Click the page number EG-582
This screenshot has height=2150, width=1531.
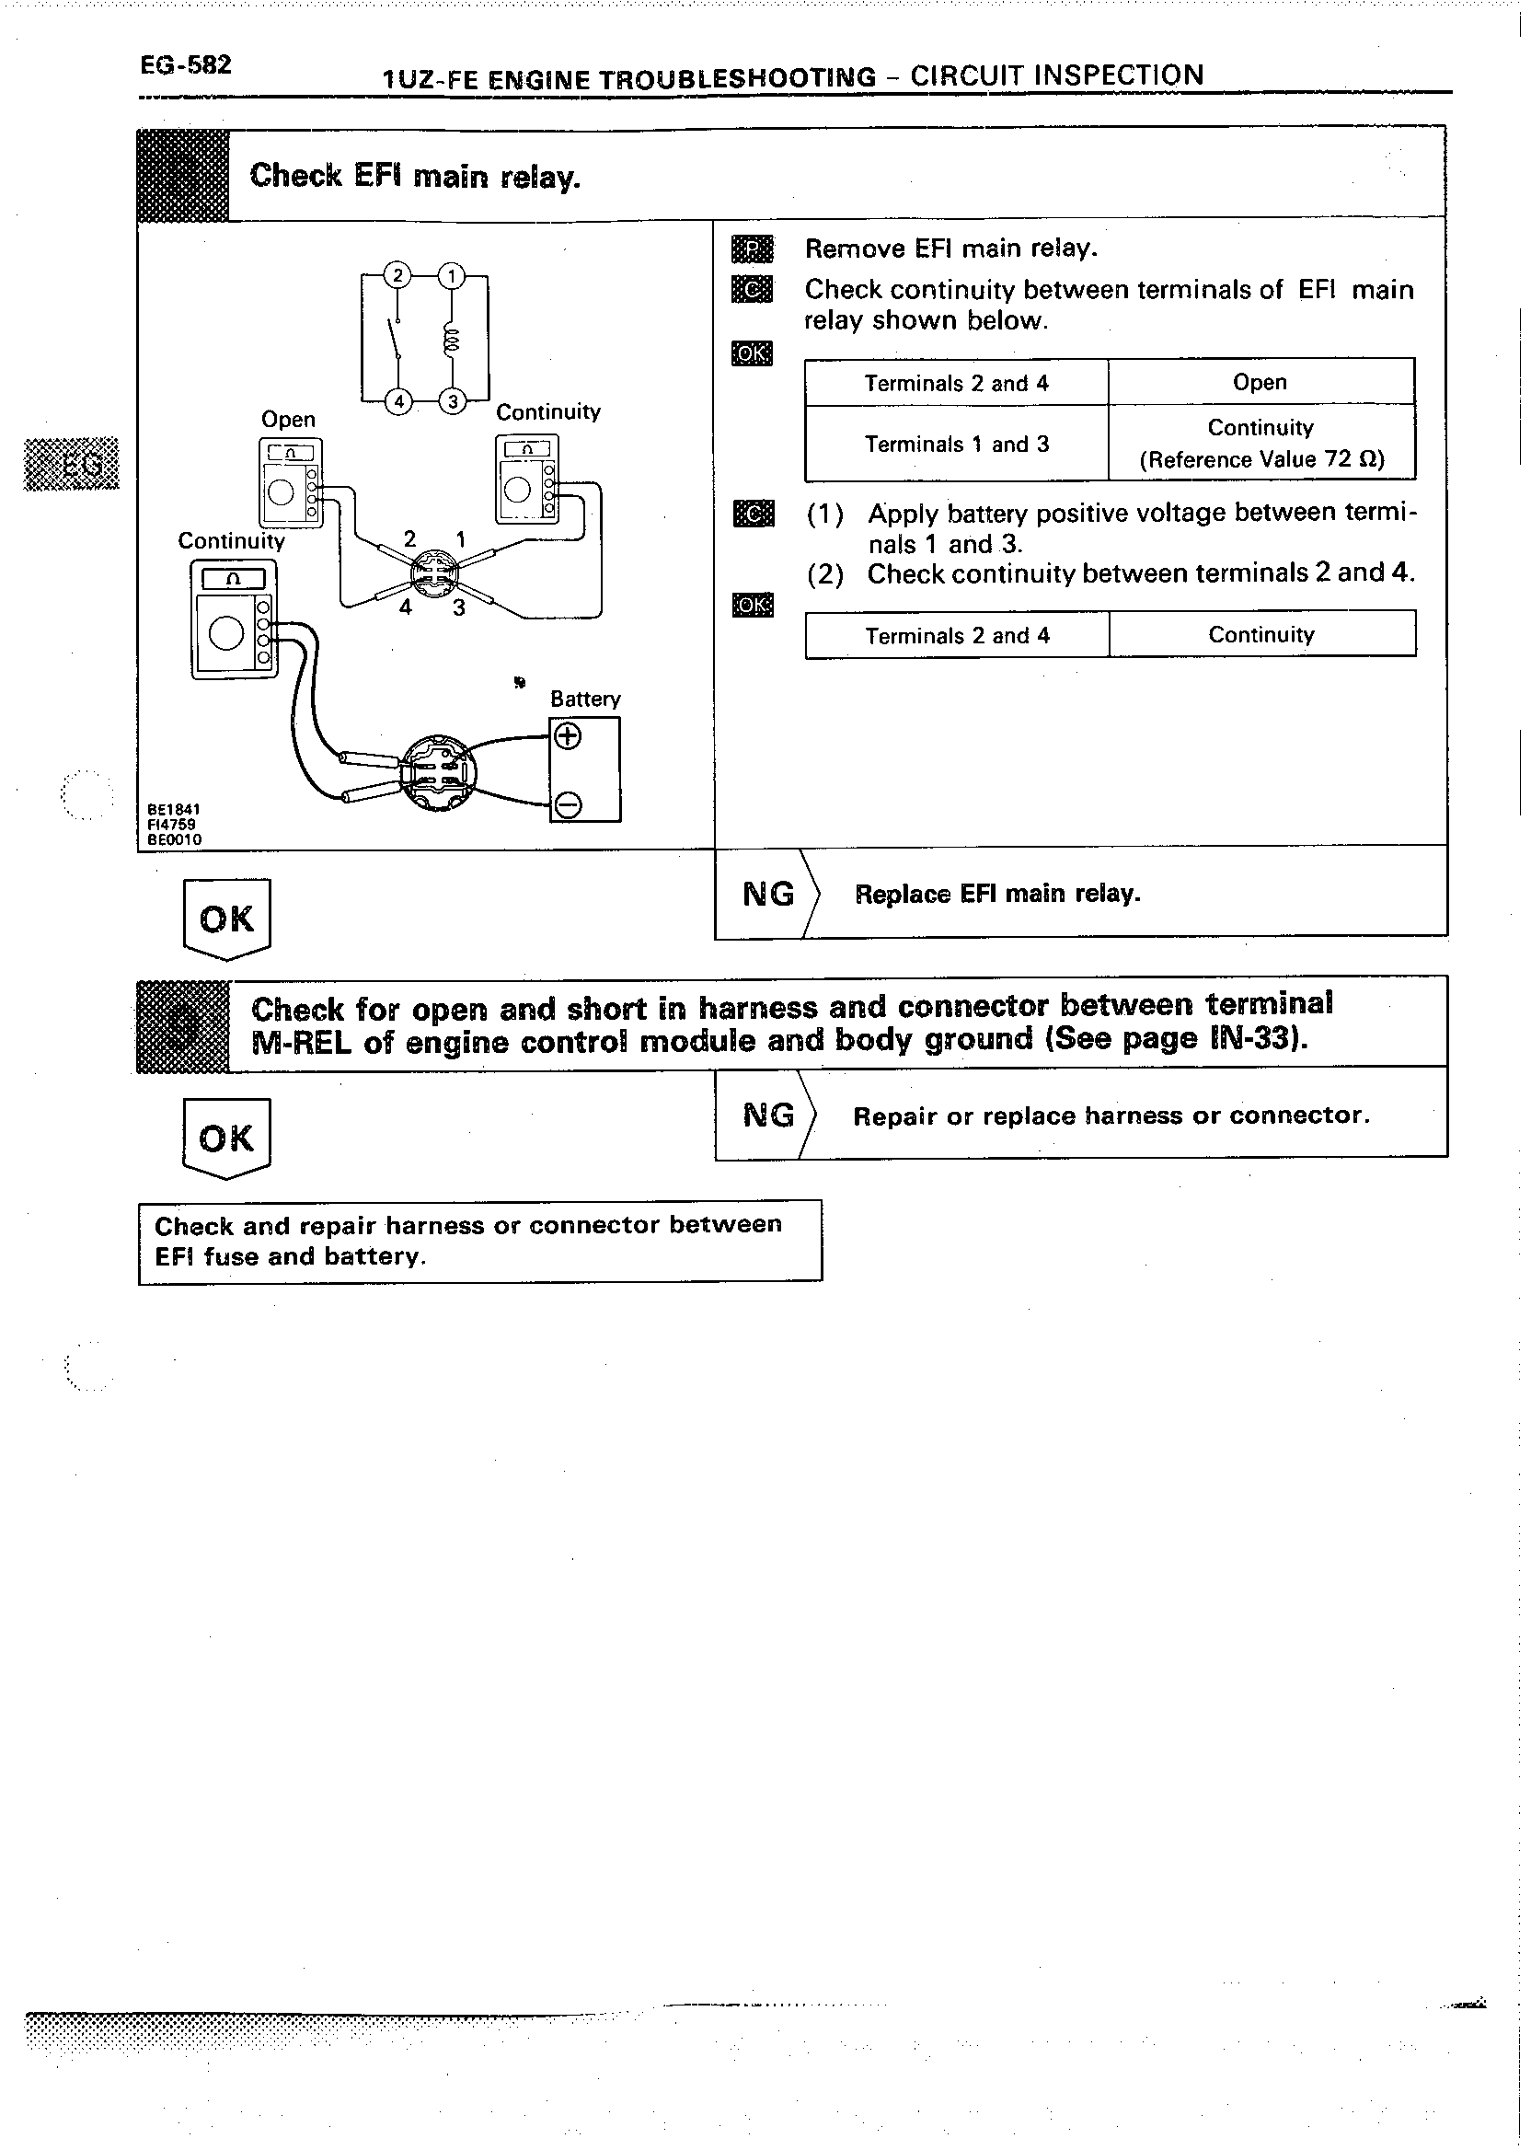186,65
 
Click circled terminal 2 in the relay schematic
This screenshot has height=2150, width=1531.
397,275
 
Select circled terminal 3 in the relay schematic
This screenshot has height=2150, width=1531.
453,400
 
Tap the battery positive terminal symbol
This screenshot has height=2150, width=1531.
567,736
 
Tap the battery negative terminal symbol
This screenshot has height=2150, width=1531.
567,804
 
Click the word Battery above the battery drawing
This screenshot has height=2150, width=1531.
585,699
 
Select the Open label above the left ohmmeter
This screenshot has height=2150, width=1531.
289,420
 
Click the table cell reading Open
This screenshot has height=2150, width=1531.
1260,382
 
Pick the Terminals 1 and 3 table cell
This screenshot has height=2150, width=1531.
956,445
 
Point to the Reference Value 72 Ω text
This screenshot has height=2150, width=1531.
1261,460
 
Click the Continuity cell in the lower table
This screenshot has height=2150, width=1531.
1261,635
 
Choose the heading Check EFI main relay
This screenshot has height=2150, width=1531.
415,176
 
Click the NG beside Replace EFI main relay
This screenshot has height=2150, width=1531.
768,894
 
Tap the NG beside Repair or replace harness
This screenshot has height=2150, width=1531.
768,1115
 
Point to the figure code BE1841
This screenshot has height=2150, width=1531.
174,809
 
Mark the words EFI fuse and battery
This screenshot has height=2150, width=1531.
291,1257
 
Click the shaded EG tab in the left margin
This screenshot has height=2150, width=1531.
72,464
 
